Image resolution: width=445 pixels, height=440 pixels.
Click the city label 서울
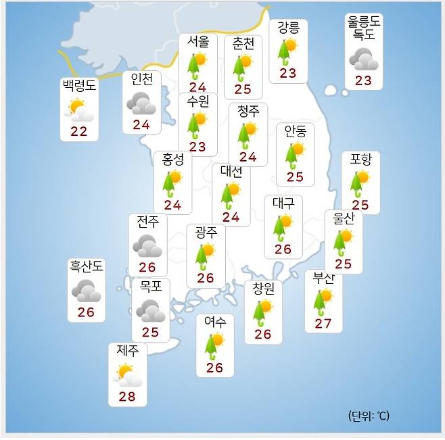pyautogui.click(x=198, y=42)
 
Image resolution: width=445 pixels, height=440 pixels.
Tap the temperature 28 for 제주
pyautogui.click(x=127, y=396)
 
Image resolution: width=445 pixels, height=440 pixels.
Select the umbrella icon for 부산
pyautogui.click(x=323, y=302)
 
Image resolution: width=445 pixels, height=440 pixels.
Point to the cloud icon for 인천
pyautogui.click(x=141, y=104)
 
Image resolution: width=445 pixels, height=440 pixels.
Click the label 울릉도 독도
pyautogui.click(x=364, y=28)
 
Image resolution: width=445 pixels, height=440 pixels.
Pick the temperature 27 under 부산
pyautogui.click(x=323, y=324)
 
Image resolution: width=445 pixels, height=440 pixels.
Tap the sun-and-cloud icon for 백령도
pyautogui.click(x=79, y=110)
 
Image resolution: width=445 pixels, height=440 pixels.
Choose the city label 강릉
pyautogui.click(x=288, y=28)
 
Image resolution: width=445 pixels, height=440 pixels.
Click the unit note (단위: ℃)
pyautogui.click(x=369, y=416)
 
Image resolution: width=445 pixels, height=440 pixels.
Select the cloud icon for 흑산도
pyautogui.click(x=86, y=291)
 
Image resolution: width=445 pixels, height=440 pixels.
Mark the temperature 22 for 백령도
pyautogui.click(x=79, y=131)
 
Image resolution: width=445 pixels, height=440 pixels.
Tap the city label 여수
pyautogui.click(x=214, y=322)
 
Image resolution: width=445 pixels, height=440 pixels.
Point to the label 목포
pyautogui.click(x=150, y=286)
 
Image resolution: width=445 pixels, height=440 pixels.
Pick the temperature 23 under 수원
pyautogui.click(x=197, y=147)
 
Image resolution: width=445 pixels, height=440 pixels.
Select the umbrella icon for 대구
pyautogui.click(x=282, y=227)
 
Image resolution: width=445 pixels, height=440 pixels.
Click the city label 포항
pyautogui.click(x=360, y=160)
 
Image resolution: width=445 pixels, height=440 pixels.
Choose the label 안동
pyautogui.click(x=295, y=131)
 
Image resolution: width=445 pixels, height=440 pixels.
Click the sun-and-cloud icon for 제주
pyautogui.click(x=127, y=374)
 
